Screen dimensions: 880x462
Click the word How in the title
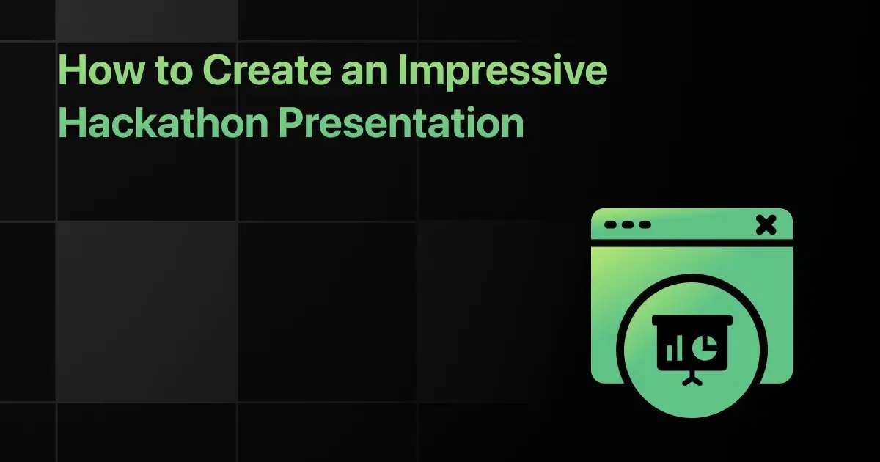pyautogui.click(x=101, y=70)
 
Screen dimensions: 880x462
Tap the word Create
pyautogui.click(x=268, y=70)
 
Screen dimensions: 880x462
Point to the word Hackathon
pyautogui.click(x=163, y=122)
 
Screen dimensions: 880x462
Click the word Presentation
pyautogui.click(x=401, y=122)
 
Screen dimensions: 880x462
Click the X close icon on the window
pyautogui.click(x=766, y=224)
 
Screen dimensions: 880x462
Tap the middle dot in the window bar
pyautogui.click(x=628, y=224)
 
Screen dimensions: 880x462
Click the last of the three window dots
pyautogui.click(x=645, y=224)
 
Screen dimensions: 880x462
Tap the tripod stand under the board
pyautogui.click(x=692, y=378)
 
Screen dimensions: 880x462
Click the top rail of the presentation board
pyautogui.click(x=692, y=320)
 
